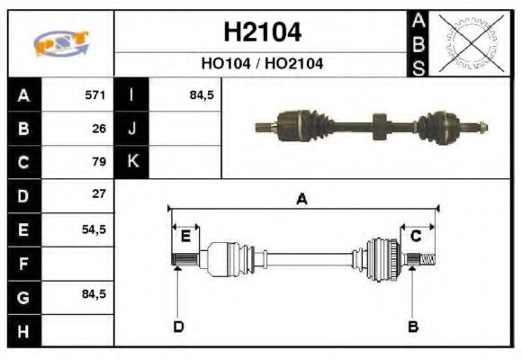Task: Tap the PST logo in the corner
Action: coord(60,43)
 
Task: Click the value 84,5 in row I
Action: coord(202,95)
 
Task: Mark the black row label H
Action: coord(22,329)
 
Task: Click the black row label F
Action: coord(22,263)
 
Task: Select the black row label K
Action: coord(131,162)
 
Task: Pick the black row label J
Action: coord(131,129)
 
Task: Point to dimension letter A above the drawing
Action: coord(302,200)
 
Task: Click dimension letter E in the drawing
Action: coord(185,237)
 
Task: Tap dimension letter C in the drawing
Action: coord(417,237)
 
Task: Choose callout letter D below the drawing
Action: coord(178,326)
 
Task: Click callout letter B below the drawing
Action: coord(413,326)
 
